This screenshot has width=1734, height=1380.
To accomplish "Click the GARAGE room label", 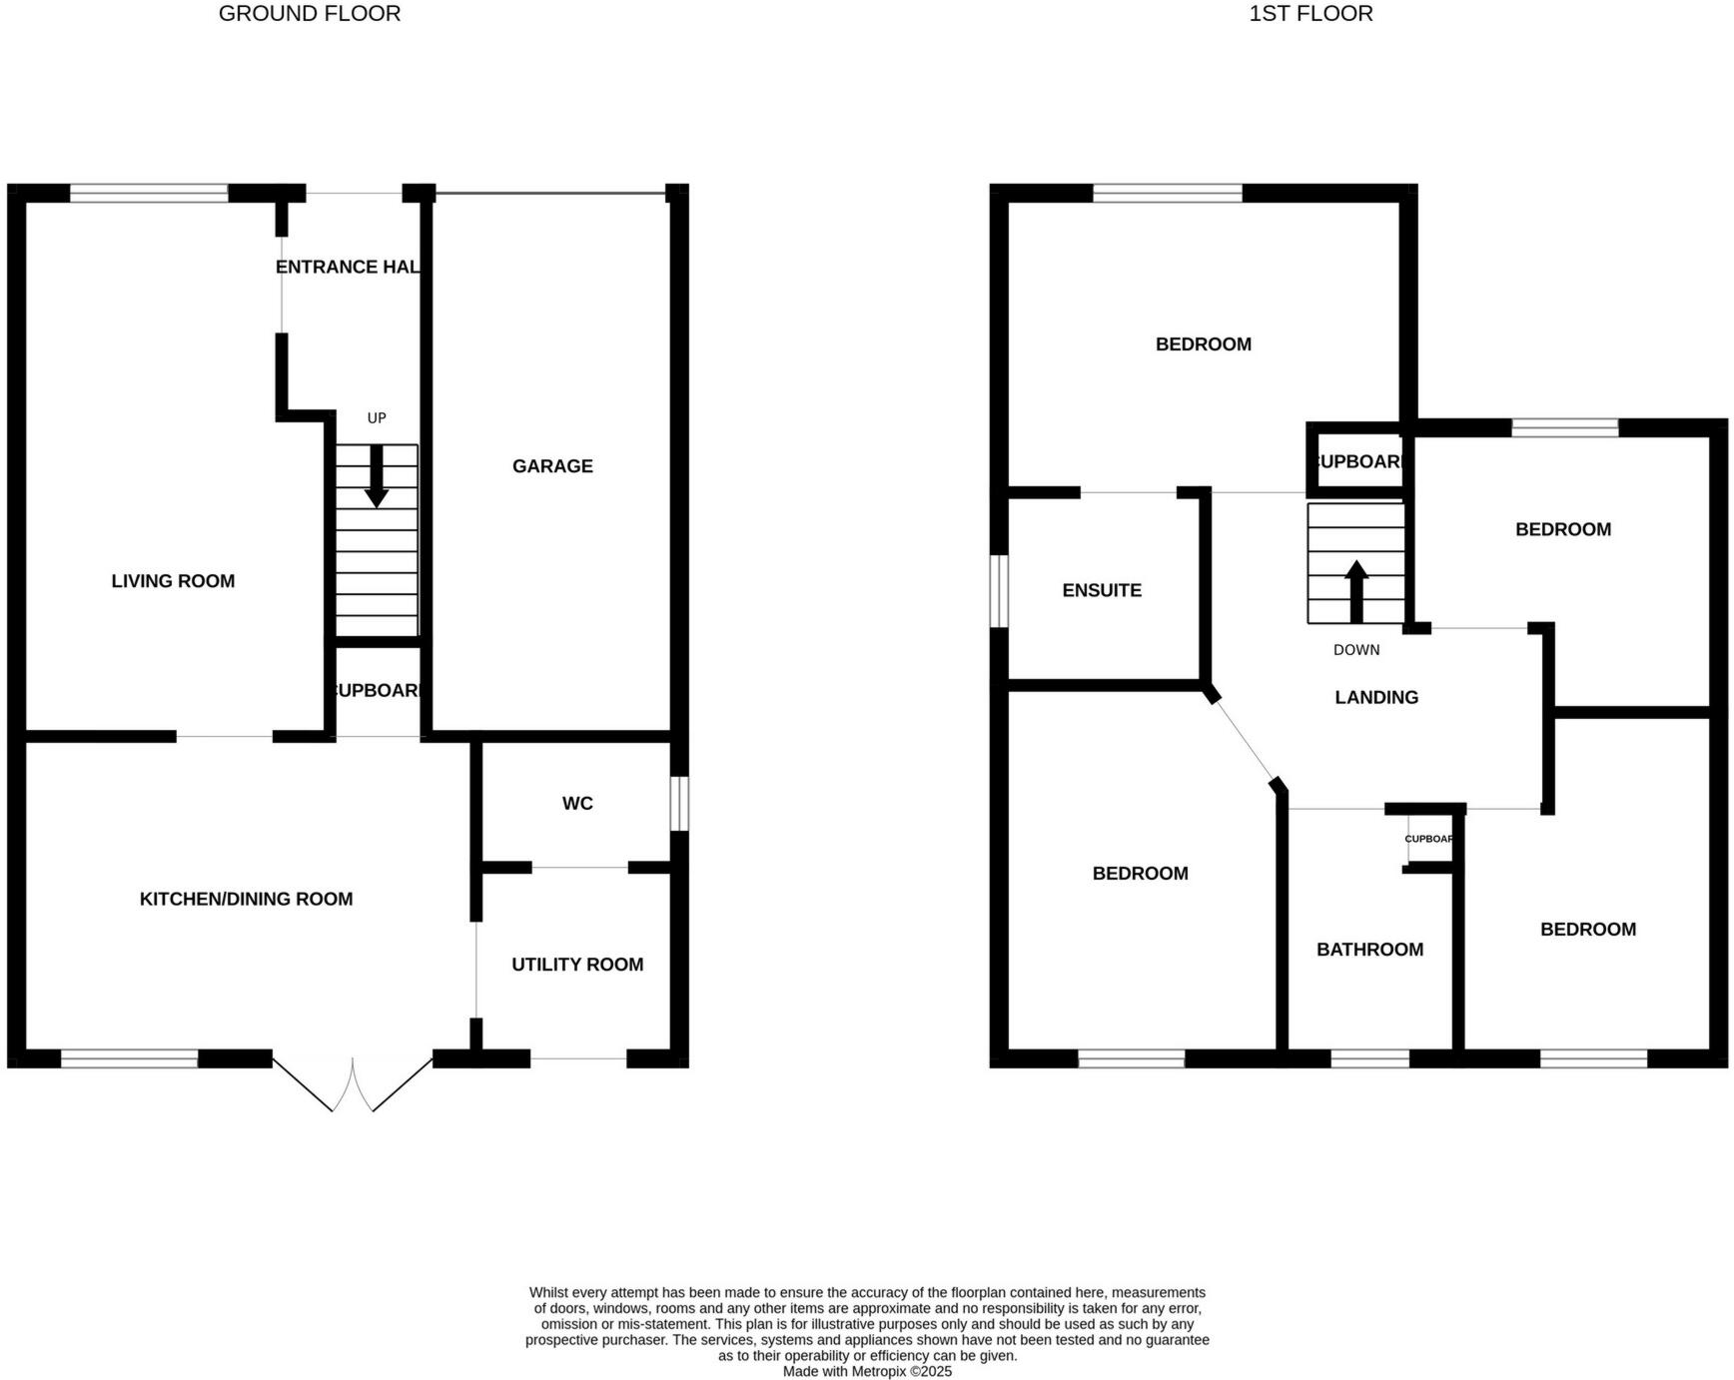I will click(552, 466).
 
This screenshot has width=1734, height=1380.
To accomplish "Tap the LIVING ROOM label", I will click(173, 581).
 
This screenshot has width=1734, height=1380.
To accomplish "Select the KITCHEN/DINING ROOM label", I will click(246, 899).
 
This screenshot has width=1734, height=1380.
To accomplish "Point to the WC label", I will click(577, 803).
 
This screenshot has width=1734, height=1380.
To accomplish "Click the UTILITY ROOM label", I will click(577, 965).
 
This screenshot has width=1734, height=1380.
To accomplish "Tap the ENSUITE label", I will click(1102, 590).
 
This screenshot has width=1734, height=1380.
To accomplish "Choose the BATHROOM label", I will click(1369, 950).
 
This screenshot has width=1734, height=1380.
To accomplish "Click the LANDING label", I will click(1376, 697).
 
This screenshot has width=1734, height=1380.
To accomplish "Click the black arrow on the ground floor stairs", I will click(377, 476).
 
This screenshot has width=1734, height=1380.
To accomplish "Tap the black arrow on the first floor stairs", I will click(1356, 591).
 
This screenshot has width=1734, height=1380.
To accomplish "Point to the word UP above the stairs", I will click(377, 417).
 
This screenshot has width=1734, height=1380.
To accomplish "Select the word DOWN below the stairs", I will click(1356, 650).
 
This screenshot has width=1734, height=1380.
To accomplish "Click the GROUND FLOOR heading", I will click(310, 14).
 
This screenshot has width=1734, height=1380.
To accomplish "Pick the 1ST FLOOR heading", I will click(1310, 14).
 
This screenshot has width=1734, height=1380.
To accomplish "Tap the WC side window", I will click(679, 804).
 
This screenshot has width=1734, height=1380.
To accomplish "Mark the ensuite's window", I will click(999, 591).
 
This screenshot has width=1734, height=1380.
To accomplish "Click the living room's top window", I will click(149, 194).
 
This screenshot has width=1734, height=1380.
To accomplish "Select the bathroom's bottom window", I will click(1370, 1058).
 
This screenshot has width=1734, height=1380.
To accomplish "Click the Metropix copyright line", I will click(867, 1371).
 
